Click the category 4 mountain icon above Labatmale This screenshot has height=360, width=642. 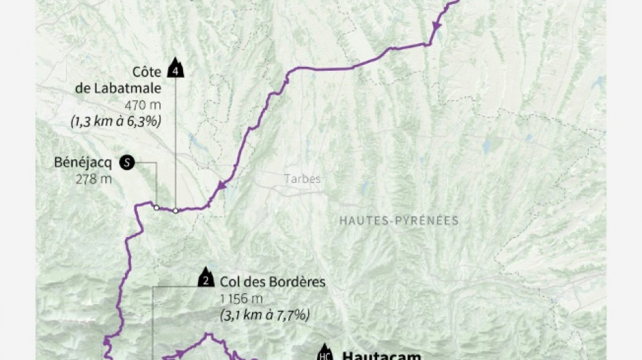click(176, 70)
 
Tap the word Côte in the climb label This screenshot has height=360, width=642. click(146, 72)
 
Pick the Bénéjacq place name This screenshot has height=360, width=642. click(83, 163)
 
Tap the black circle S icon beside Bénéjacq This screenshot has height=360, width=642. click(126, 162)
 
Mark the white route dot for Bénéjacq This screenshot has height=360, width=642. click(156, 207)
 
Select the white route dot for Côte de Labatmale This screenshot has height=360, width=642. click(176, 210)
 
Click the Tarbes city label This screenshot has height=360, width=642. click(301, 179)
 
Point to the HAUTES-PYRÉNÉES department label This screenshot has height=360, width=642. click(399, 220)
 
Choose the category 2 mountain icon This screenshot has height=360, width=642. click(206, 278)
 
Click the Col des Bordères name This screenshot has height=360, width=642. click(272, 281)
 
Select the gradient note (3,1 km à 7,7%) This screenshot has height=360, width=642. click(265, 315)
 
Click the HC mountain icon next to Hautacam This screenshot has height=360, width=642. click(325, 355)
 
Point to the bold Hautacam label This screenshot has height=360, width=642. click(381, 355)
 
